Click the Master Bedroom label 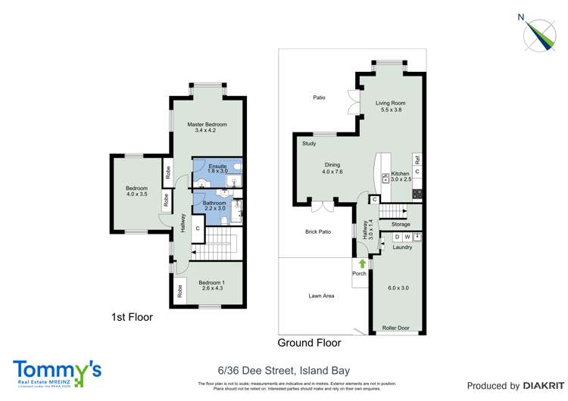(x=207, y=124)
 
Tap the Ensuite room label (x=218, y=166)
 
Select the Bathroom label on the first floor (x=214, y=203)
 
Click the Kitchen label (x=400, y=173)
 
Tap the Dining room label (x=332, y=165)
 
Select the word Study (x=309, y=143)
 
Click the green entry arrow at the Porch (x=361, y=263)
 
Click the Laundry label (x=401, y=247)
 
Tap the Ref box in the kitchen (x=417, y=160)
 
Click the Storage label (x=401, y=224)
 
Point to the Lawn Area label (x=321, y=296)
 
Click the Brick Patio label (x=318, y=232)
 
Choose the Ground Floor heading (x=309, y=343)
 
